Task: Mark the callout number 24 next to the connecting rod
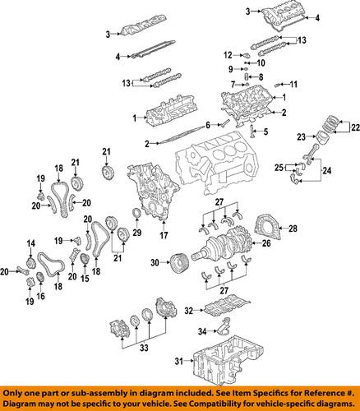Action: pos(329,172)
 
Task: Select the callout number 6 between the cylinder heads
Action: pos(209,124)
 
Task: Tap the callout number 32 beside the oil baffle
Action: pos(188,311)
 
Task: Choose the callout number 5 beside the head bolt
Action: pos(265,132)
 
